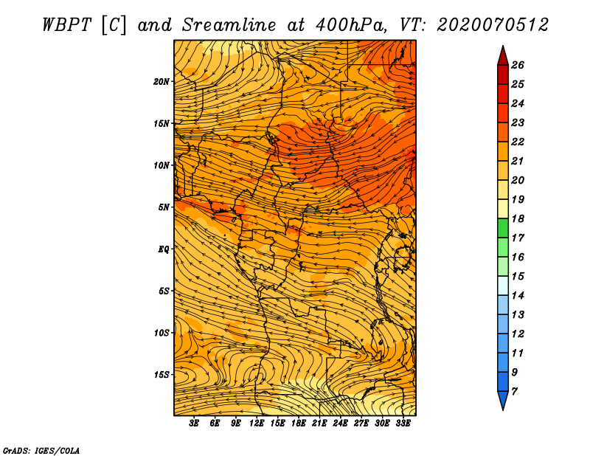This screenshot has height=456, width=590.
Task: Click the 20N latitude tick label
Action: click(x=161, y=82)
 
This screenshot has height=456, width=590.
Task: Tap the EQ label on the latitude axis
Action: click(x=163, y=249)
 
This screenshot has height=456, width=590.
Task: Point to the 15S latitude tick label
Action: click(x=161, y=375)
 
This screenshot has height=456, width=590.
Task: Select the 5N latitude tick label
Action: click(x=164, y=207)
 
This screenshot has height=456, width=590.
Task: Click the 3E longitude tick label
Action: click(x=194, y=424)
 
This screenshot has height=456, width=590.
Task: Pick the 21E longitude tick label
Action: click(x=319, y=424)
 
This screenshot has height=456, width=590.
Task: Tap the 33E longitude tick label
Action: click(x=403, y=424)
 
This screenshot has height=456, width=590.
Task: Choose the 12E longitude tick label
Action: click(x=257, y=424)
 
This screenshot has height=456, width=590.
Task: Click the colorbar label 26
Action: click(x=518, y=65)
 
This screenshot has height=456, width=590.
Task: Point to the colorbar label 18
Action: click(x=518, y=218)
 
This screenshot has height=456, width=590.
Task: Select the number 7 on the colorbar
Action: click(x=514, y=392)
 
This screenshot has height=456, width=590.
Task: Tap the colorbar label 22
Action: click(x=518, y=142)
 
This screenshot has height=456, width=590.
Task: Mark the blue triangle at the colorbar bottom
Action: click(x=503, y=399)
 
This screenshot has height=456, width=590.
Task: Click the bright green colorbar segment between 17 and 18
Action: click(x=503, y=228)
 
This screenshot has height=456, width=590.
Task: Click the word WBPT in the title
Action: click(x=66, y=25)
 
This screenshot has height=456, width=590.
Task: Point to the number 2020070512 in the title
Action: click(x=493, y=25)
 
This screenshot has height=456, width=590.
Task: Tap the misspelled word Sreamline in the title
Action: click(x=229, y=25)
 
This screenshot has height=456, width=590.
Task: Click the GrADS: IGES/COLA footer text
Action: click(x=41, y=451)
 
